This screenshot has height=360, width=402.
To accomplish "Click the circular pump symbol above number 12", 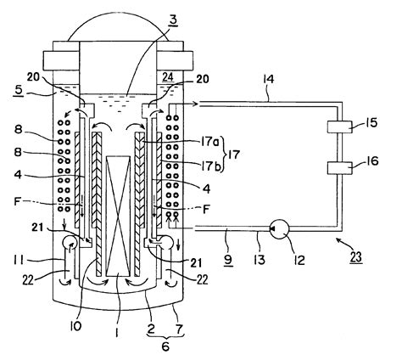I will pos(276,229).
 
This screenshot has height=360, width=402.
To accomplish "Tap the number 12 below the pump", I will pos(276,254).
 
